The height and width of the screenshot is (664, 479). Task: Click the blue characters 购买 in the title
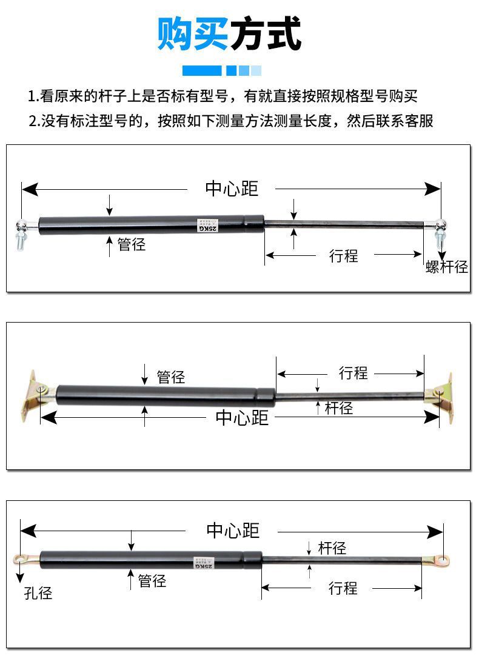(193, 34)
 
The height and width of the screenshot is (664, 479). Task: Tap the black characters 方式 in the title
(265, 34)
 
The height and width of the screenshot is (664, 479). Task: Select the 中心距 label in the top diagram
(232, 189)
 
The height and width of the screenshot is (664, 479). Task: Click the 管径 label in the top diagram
(132, 244)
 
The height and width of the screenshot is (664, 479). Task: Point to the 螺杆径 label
(447, 267)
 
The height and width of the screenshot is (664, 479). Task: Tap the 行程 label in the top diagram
(344, 255)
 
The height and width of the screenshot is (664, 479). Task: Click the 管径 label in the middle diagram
(170, 377)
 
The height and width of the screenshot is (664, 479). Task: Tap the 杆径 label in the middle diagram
(338, 407)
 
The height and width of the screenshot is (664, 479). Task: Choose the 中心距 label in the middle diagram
(242, 418)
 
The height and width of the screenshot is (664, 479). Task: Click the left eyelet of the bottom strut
(22, 559)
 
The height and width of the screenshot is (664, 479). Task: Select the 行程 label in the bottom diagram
(343, 588)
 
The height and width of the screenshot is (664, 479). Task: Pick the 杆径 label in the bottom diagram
(332, 548)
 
